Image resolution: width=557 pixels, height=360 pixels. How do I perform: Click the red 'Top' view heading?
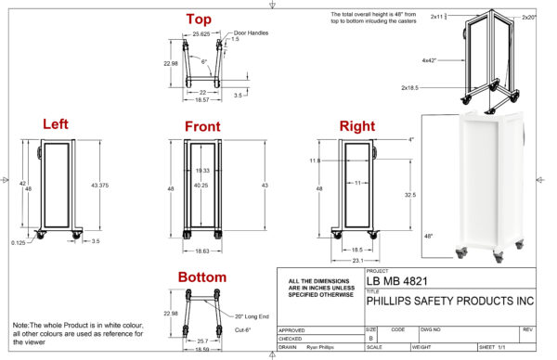(x=198, y=19)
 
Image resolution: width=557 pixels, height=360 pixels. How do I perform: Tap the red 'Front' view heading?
(x=201, y=126)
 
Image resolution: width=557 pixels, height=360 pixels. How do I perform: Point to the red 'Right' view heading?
(x=356, y=125)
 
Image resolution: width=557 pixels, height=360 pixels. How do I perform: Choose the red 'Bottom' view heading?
(x=202, y=276)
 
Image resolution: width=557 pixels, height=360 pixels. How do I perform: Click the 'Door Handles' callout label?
(x=250, y=31)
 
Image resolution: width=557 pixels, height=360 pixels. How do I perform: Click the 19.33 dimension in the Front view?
(x=201, y=170)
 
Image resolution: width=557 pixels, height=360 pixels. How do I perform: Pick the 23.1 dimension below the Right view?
(x=358, y=261)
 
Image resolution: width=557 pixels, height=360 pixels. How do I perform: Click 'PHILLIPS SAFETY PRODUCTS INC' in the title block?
(x=450, y=301)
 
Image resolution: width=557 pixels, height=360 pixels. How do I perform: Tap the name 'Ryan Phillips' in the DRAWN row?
(x=321, y=348)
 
